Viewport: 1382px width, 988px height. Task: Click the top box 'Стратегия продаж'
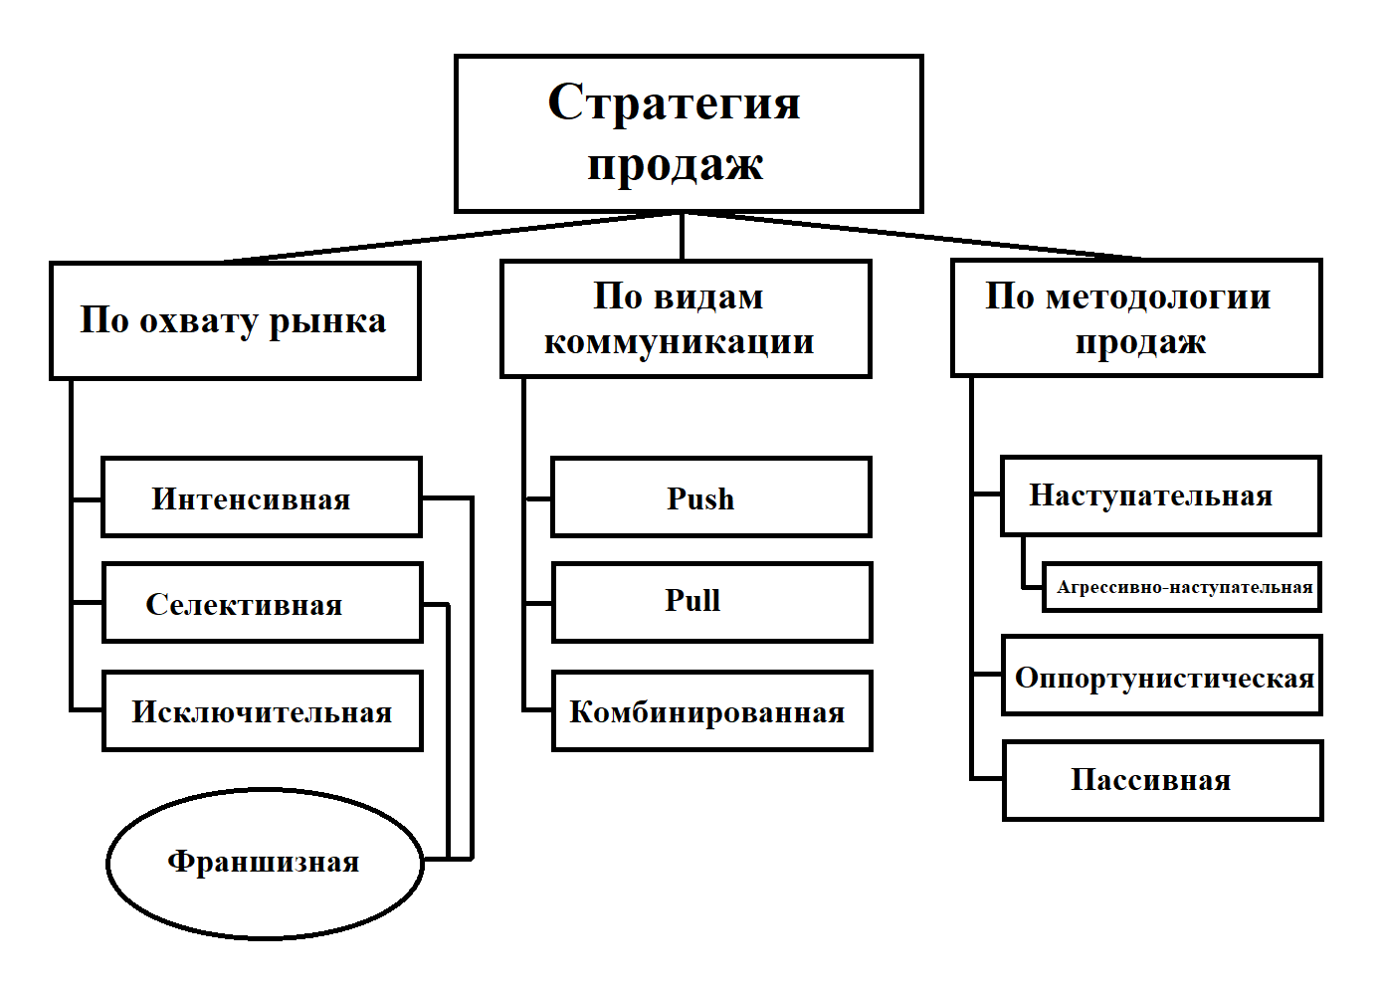pyautogui.click(x=689, y=133)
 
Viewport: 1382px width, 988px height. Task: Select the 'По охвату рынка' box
pyautogui.click(x=235, y=320)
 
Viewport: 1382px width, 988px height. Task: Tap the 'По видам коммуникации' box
pyautogui.click(x=686, y=318)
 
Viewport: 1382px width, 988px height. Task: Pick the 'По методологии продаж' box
pyautogui.click(x=1136, y=318)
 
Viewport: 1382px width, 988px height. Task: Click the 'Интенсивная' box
pyautogui.click(x=262, y=497)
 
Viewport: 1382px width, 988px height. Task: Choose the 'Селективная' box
pyautogui.click(x=262, y=603)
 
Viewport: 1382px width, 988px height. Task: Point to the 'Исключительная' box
pyautogui.click(x=262, y=711)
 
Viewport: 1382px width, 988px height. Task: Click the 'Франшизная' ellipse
pyautogui.click(x=265, y=863)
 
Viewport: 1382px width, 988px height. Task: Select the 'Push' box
pyautogui.click(x=710, y=497)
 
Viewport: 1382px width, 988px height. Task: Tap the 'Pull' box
pyautogui.click(x=711, y=602)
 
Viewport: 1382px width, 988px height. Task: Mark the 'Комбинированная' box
pyautogui.click(x=711, y=711)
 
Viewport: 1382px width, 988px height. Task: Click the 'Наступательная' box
pyautogui.click(x=1160, y=495)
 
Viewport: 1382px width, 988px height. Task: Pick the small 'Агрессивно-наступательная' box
pyautogui.click(x=1182, y=587)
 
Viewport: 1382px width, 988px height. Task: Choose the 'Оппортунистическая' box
pyautogui.click(x=1161, y=676)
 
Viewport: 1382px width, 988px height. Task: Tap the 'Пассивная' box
pyautogui.click(x=1162, y=780)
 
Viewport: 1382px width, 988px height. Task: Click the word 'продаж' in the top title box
pyautogui.click(x=676, y=165)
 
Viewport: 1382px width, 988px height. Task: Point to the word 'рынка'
pyautogui.click(x=327, y=321)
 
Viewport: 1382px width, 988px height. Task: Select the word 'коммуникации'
pyautogui.click(x=679, y=342)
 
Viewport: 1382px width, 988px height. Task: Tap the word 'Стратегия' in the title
pyautogui.click(x=674, y=102)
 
